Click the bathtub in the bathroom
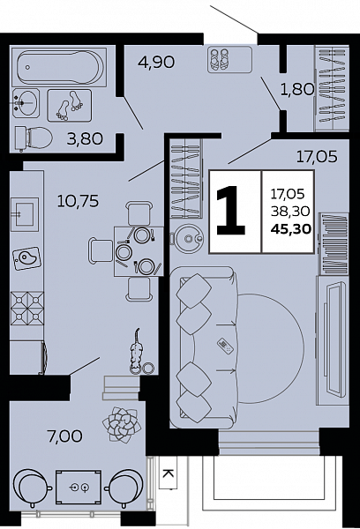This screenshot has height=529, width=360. pos(59,67)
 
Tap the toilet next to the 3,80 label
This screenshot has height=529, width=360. pos(34,138)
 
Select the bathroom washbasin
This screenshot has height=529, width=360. pos(26,103)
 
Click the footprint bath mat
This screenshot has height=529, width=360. pos(69,106)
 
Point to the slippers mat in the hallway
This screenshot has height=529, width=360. pos(229,59)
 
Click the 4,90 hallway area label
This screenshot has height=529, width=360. pos(156,62)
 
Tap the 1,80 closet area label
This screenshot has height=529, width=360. pos(297,89)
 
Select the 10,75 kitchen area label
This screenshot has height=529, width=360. pos(78,201)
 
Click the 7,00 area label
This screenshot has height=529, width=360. pos(65,436)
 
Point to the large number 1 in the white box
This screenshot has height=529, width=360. pos(230,212)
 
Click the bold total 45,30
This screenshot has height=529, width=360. pos(291,229)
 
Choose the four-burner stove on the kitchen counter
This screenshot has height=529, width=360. pos(27,309)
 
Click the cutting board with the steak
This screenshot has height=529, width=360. pos(27,258)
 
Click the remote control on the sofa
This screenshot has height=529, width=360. pos(225,346)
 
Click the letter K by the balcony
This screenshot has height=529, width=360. pos(168,474)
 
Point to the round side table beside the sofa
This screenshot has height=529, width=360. pos(187,239)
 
